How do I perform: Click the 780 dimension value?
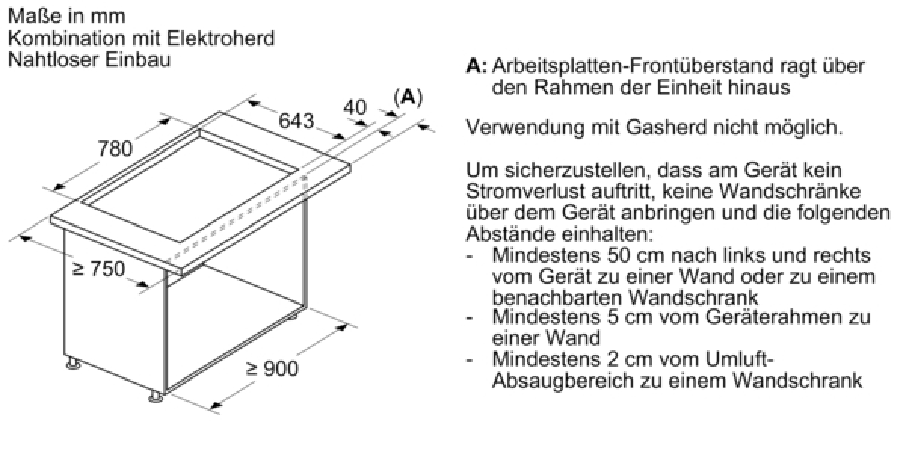[116, 149]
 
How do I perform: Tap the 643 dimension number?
[297, 121]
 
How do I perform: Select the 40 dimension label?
[355, 107]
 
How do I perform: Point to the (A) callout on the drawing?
[408, 97]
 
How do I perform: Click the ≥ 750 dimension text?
[99, 269]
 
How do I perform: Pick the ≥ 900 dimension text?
[272, 368]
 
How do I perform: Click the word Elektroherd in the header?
[220, 39]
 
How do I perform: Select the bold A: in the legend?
[476, 66]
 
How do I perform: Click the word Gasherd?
[666, 128]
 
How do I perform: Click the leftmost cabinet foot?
[73, 364]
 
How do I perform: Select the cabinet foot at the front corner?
[156, 397]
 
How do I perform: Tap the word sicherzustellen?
[553, 171]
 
